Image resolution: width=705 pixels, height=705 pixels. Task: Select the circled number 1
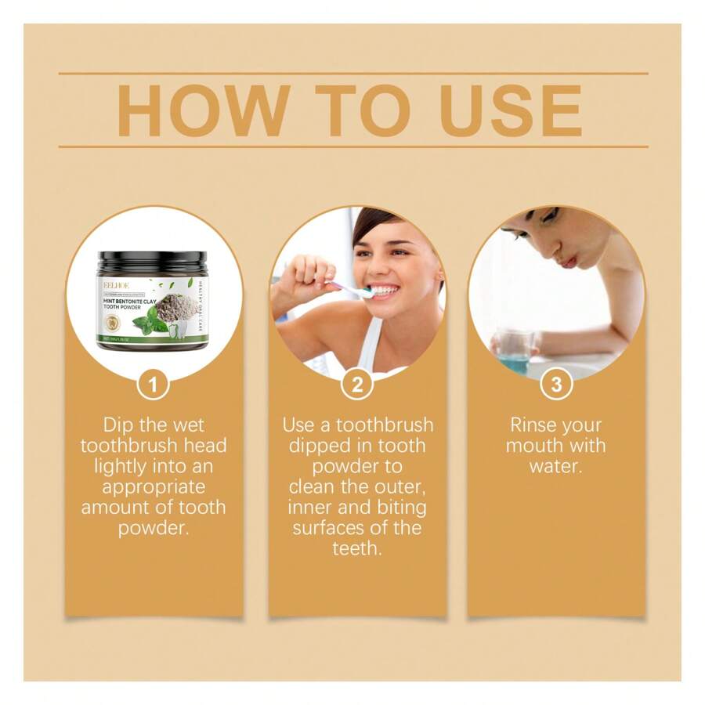tap(154, 384)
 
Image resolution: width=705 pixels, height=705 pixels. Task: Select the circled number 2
tap(357, 384)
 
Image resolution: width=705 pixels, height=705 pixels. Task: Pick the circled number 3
tap(556, 384)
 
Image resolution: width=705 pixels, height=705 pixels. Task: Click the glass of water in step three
tap(515, 350)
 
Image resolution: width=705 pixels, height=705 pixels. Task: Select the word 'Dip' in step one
tap(118, 425)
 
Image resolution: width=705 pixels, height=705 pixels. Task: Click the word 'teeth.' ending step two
tap(357, 548)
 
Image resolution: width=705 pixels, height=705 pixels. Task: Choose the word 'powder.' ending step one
tap(154, 528)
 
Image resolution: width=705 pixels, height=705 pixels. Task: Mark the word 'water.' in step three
tap(556, 467)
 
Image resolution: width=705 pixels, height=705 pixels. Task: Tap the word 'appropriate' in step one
tap(154, 487)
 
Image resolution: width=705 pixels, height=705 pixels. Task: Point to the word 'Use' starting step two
tap(298, 425)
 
